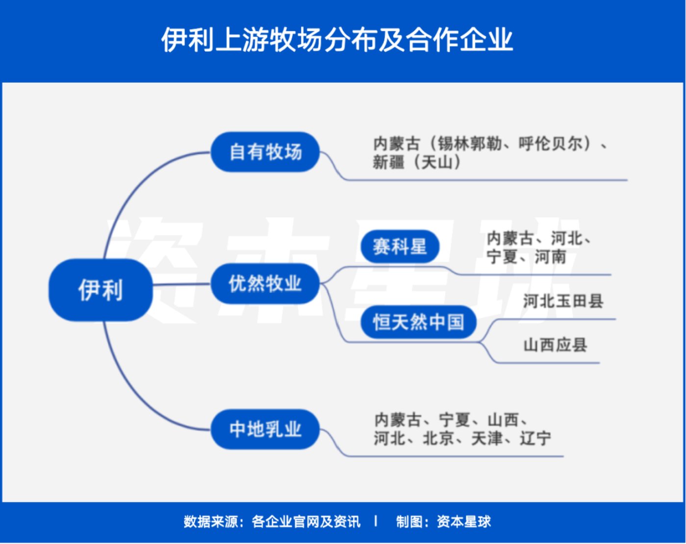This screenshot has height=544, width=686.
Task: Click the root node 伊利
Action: point(101,289)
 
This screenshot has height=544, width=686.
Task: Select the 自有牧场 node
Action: point(265,152)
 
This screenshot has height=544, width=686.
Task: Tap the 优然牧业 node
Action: point(265,284)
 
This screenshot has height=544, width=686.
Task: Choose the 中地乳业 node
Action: point(265,429)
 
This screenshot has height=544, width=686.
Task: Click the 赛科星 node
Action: point(399,246)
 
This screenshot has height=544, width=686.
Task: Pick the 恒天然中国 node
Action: point(418,322)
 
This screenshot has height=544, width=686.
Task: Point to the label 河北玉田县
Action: point(563,301)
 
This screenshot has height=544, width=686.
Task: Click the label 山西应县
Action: point(555,345)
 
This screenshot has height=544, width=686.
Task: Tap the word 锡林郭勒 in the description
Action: point(469,144)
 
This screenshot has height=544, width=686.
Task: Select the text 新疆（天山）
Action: point(417,162)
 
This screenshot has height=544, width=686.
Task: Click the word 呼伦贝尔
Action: point(550,144)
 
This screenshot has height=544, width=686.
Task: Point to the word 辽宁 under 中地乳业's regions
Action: point(535,438)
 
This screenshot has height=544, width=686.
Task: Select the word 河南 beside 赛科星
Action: point(550,257)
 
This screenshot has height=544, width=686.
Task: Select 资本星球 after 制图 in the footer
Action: point(463,521)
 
